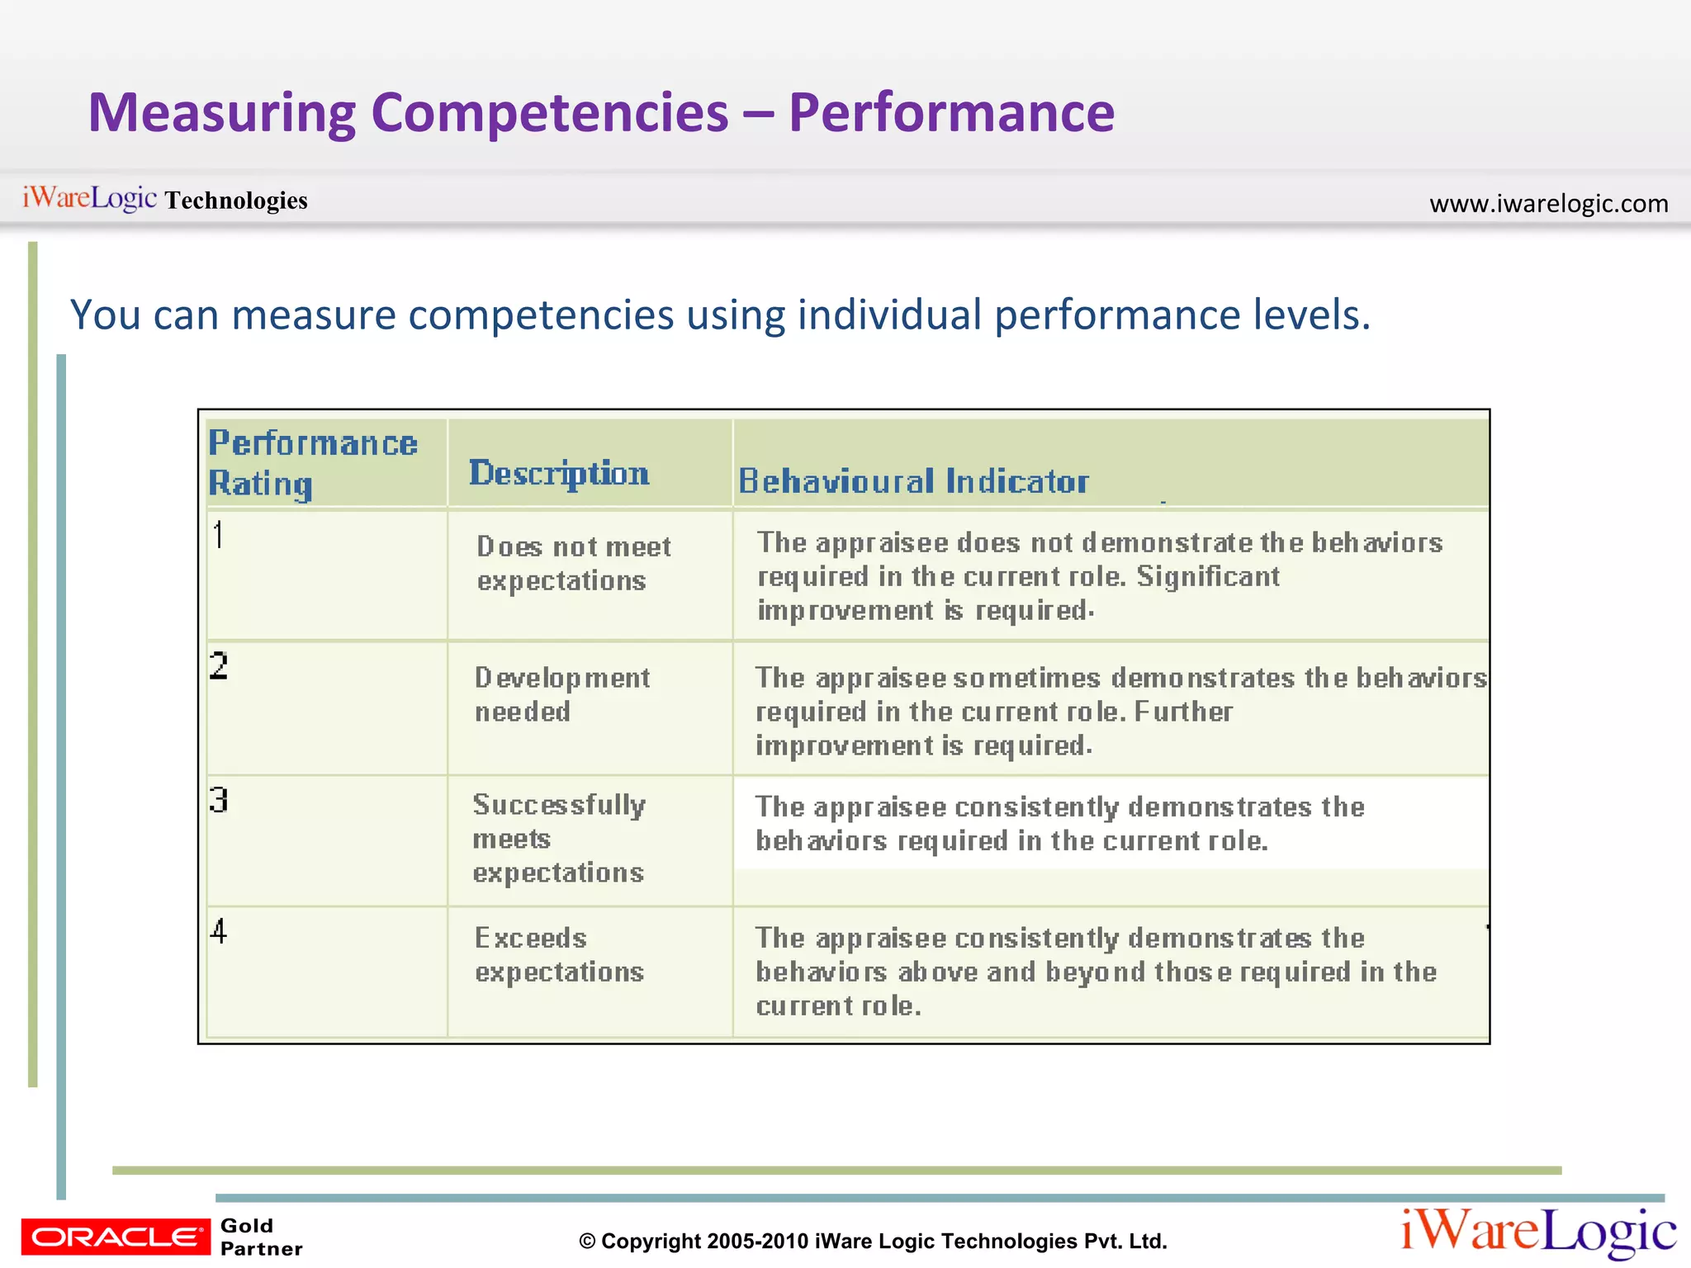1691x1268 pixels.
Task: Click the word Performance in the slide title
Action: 951,113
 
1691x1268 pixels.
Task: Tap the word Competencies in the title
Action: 550,113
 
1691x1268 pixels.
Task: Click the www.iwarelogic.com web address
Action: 1548,203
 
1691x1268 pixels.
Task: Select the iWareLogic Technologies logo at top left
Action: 164,199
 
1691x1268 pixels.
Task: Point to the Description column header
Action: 559,474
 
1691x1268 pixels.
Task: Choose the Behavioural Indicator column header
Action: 913,481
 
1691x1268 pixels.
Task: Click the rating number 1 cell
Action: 218,535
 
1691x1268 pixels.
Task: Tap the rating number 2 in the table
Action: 218,665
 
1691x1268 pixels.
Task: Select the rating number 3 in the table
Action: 218,800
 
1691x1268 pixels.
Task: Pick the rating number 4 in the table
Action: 218,931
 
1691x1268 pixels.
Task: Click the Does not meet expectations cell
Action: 574,563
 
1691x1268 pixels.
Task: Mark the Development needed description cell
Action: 561,694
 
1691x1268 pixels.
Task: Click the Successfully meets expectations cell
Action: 559,838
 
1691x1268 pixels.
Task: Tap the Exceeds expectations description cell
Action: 559,954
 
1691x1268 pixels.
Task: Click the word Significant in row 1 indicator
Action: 1207,576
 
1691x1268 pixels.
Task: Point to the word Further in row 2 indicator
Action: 1183,712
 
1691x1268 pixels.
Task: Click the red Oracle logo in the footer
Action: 116,1237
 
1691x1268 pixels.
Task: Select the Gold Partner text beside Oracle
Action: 261,1237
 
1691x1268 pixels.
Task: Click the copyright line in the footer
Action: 873,1241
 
